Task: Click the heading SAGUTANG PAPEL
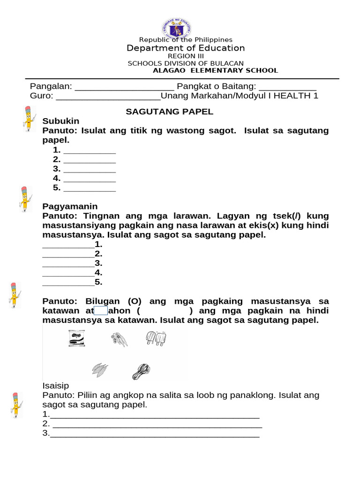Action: (169, 112)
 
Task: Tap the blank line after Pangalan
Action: (124, 88)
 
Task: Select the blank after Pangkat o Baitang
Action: (287, 88)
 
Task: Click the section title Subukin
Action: (61, 121)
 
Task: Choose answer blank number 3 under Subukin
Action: (89, 170)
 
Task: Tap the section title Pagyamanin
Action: (70, 206)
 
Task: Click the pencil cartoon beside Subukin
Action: (28, 119)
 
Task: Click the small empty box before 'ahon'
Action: (101, 311)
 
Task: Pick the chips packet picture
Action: (76, 339)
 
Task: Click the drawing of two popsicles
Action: (156, 338)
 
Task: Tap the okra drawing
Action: (119, 339)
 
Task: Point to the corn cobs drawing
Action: (100, 370)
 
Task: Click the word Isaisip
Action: (55, 386)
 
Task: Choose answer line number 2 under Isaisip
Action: (157, 425)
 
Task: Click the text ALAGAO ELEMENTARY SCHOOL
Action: (216, 71)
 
